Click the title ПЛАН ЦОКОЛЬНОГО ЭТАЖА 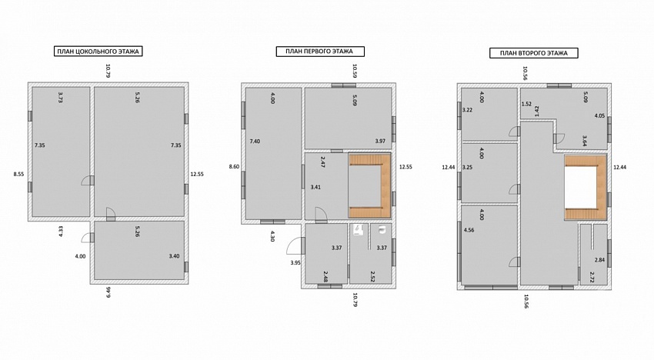pos(98,52)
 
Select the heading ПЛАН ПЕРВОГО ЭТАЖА pos(320,52)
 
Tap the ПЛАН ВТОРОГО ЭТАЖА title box pos(533,53)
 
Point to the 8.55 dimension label pos(18,175)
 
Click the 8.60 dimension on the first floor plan pos(234,166)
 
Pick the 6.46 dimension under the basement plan pos(108,292)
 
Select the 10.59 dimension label pos(355,71)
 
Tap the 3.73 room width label pos(61,97)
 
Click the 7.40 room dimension pos(255,142)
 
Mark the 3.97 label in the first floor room pos(380,141)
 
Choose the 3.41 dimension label pos(315,187)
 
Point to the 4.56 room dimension pos(469,230)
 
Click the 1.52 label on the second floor pos(526,104)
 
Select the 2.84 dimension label pos(599,260)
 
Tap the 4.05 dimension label pos(599,116)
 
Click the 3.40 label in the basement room pos(174,256)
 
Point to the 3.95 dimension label pos(295,263)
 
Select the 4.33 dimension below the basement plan pos(61,231)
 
